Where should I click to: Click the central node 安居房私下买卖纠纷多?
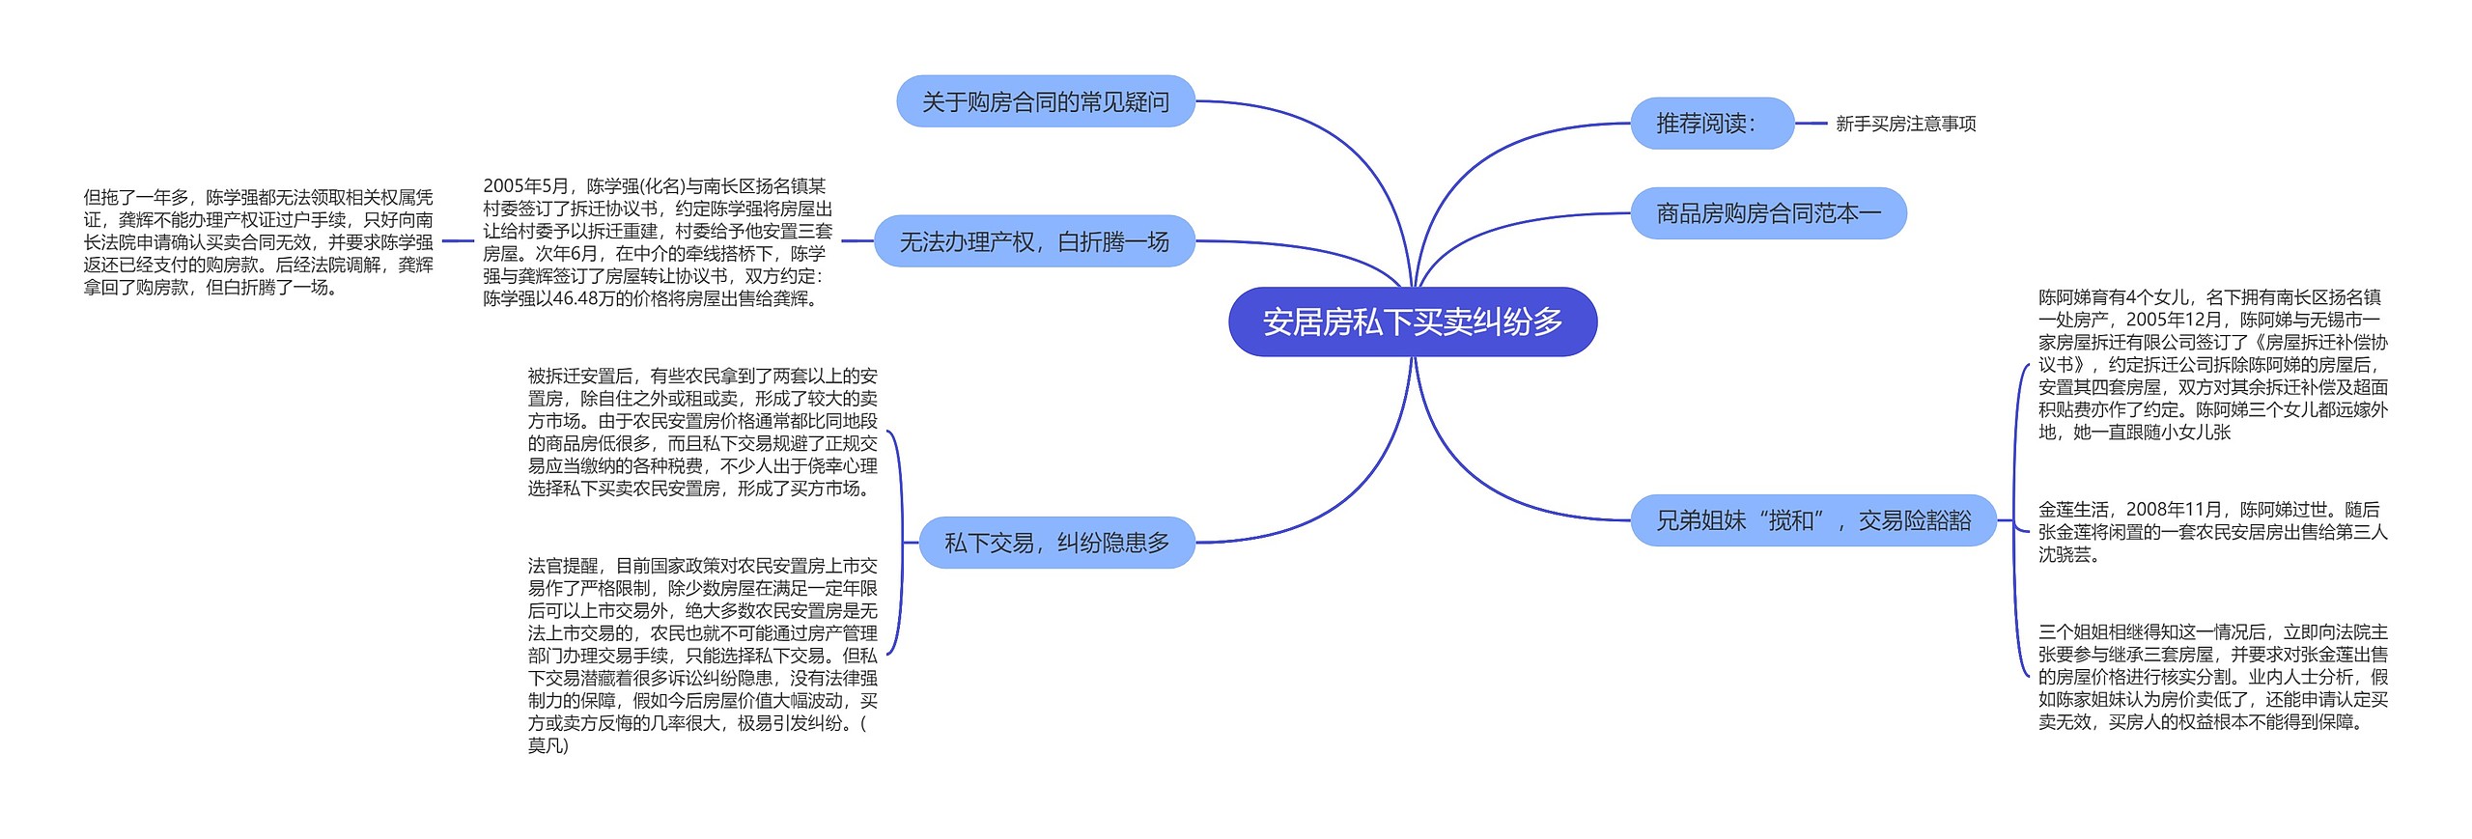1412,322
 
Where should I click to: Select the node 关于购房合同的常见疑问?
1045,101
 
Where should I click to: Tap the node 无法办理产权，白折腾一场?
1033,241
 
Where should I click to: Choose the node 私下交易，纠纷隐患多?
1056,543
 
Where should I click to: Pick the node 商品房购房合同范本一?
1768,213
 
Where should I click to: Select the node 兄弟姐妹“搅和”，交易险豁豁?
1812,521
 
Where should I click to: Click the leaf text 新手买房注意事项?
1905,124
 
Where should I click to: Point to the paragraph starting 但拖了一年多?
258,242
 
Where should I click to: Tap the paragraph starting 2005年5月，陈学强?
657,242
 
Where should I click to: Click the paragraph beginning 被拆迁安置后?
702,432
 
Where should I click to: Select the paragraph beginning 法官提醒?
702,655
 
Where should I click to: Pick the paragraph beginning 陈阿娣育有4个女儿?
2212,364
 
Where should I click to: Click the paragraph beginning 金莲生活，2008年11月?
2212,531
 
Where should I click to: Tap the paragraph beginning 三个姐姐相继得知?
2212,677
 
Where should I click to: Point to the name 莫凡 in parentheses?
547,745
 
